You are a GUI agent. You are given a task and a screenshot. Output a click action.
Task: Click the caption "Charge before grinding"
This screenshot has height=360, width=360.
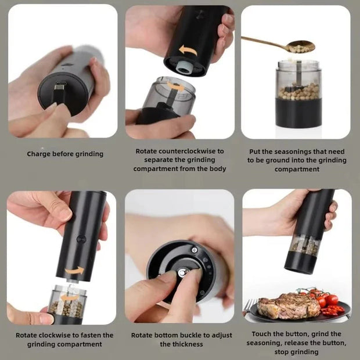65,154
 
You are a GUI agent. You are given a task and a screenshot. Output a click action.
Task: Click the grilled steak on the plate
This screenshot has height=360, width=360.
281,305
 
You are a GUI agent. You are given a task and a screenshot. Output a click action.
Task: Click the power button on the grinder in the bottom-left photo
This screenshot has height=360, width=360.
81,238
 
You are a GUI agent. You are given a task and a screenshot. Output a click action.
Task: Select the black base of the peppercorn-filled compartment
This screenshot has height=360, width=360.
298,114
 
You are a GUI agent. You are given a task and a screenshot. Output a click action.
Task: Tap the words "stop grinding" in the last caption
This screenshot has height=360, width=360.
296,352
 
